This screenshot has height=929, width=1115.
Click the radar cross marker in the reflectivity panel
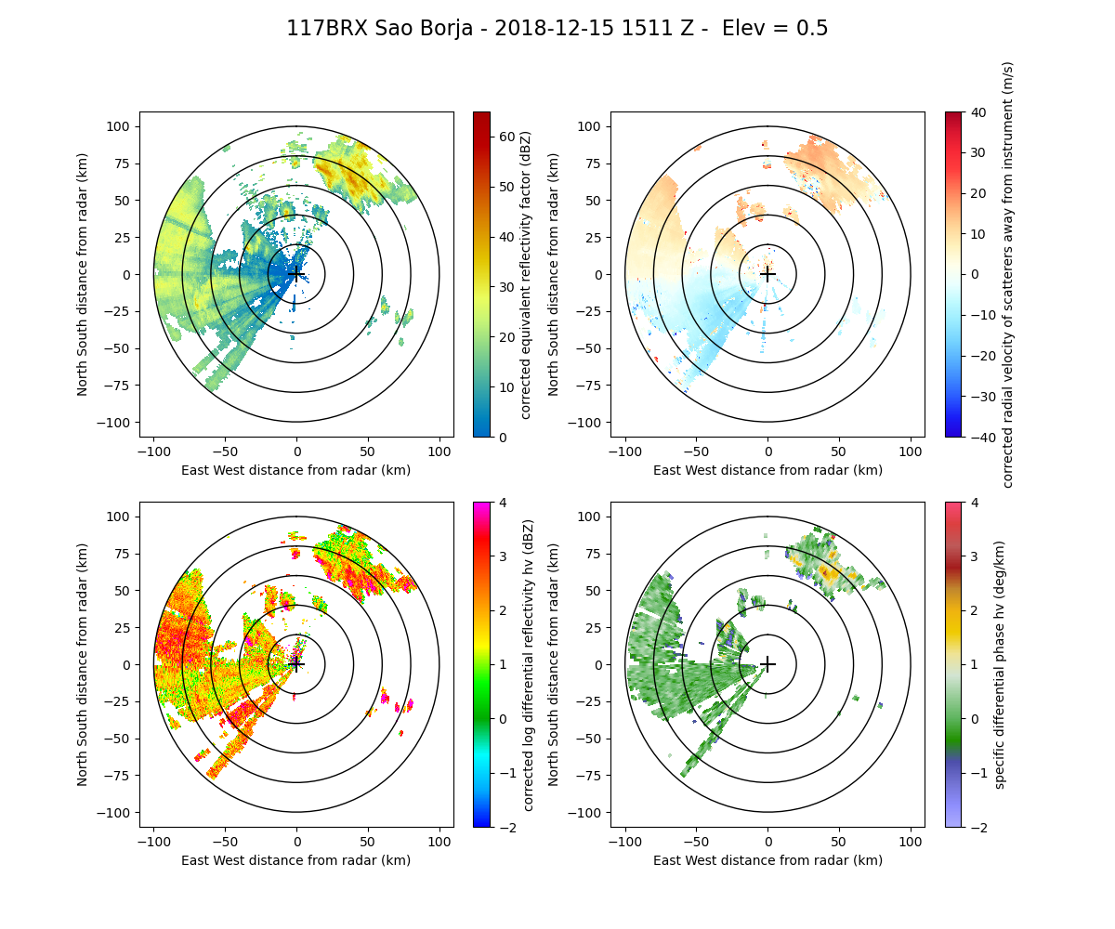point(296,274)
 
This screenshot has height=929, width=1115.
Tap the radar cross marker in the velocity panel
point(767,274)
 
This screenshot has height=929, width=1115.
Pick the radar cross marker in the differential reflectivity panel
point(296,664)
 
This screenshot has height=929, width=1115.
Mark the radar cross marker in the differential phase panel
point(767,664)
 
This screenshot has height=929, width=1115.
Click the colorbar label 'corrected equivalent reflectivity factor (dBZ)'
point(525,274)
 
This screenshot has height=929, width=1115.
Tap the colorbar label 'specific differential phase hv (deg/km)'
point(1001,664)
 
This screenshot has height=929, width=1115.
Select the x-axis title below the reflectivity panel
point(296,470)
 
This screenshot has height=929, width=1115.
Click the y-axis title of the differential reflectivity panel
point(83,664)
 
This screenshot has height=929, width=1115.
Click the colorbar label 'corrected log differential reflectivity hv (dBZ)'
point(528,664)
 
